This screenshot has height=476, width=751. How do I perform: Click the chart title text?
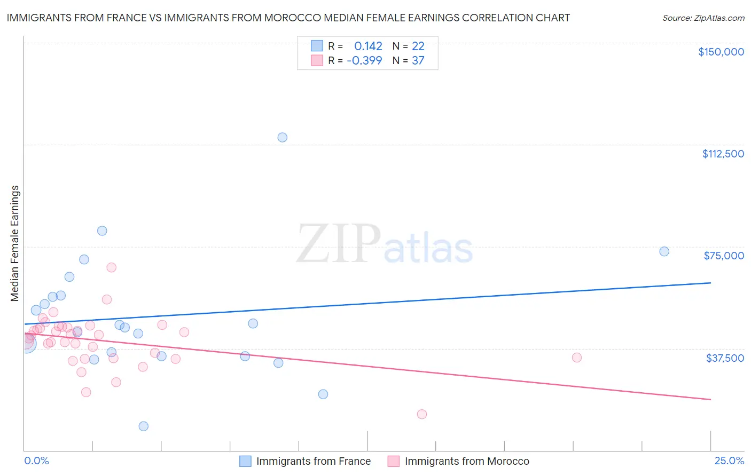click(x=288, y=18)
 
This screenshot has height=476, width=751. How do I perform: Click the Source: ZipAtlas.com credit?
click(x=703, y=18)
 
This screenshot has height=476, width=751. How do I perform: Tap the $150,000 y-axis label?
click(x=721, y=52)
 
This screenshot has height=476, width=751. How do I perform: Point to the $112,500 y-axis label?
click(x=723, y=154)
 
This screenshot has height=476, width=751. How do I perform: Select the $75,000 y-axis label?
click(x=724, y=256)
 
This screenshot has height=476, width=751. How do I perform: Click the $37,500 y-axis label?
click(x=724, y=358)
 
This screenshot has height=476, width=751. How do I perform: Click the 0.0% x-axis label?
click(x=36, y=461)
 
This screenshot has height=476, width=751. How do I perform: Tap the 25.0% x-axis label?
click(x=729, y=461)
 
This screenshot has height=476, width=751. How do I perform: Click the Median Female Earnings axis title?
click(x=15, y=243)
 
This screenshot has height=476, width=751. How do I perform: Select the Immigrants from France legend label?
click(x=313, y=461)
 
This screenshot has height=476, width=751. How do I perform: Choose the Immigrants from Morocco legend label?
click(x=466, y=461)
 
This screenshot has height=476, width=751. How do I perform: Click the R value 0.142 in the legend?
click(x=368, y=46)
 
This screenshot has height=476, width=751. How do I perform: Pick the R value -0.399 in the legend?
click(x=364, y=61)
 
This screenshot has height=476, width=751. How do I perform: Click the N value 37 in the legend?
click(x=418, y=61)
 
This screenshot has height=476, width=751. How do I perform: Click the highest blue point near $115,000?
click(x=283, y=137)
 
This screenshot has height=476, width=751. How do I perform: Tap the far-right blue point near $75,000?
click(x=664, y=251)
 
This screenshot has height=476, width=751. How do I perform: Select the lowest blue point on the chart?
click(x=143, y=426)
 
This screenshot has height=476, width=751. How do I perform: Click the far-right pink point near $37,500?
click(x=576, y=358)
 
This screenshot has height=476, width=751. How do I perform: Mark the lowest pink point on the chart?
click(x=421, y=414)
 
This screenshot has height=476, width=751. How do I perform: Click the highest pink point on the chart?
click(x=111, y=267)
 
